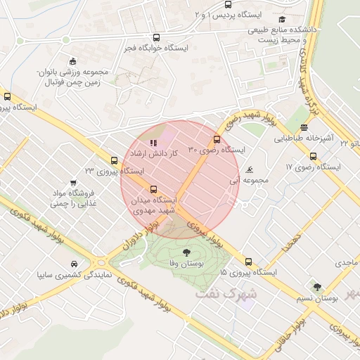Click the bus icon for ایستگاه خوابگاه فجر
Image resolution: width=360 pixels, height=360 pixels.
[155, 38]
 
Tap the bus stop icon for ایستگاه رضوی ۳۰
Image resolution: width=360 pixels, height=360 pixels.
[217, 139]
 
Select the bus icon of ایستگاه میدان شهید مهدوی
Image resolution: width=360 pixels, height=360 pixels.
[154, 189]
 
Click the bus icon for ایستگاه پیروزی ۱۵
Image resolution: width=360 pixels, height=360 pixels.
[248, 261]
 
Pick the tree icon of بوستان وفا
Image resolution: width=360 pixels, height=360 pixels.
[186, 252]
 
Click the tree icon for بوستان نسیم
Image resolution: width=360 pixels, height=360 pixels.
[317, 288]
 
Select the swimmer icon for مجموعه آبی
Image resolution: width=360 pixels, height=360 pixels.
[250, 170]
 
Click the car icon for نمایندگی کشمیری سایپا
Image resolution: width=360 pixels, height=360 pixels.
[74, 264]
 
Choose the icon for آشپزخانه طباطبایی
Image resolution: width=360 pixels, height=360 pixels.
[304, 127]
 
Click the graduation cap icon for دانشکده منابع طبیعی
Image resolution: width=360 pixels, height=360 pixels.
[282, 20]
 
